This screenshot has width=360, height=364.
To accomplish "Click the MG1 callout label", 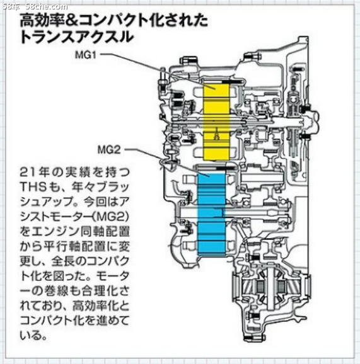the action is click(85, 55).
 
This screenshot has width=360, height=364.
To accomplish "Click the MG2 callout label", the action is click(109, 150).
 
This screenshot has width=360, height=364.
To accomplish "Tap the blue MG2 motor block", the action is click(211, 214).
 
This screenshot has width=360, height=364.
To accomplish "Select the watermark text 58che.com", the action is click(47, 7).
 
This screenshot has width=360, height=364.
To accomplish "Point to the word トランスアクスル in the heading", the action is click(77, 37).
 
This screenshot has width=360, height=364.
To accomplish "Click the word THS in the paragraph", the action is click(33, 187).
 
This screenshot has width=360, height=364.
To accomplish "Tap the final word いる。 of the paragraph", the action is click(34, 336).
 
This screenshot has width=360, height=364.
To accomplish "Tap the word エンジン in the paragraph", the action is click(55, 232).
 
